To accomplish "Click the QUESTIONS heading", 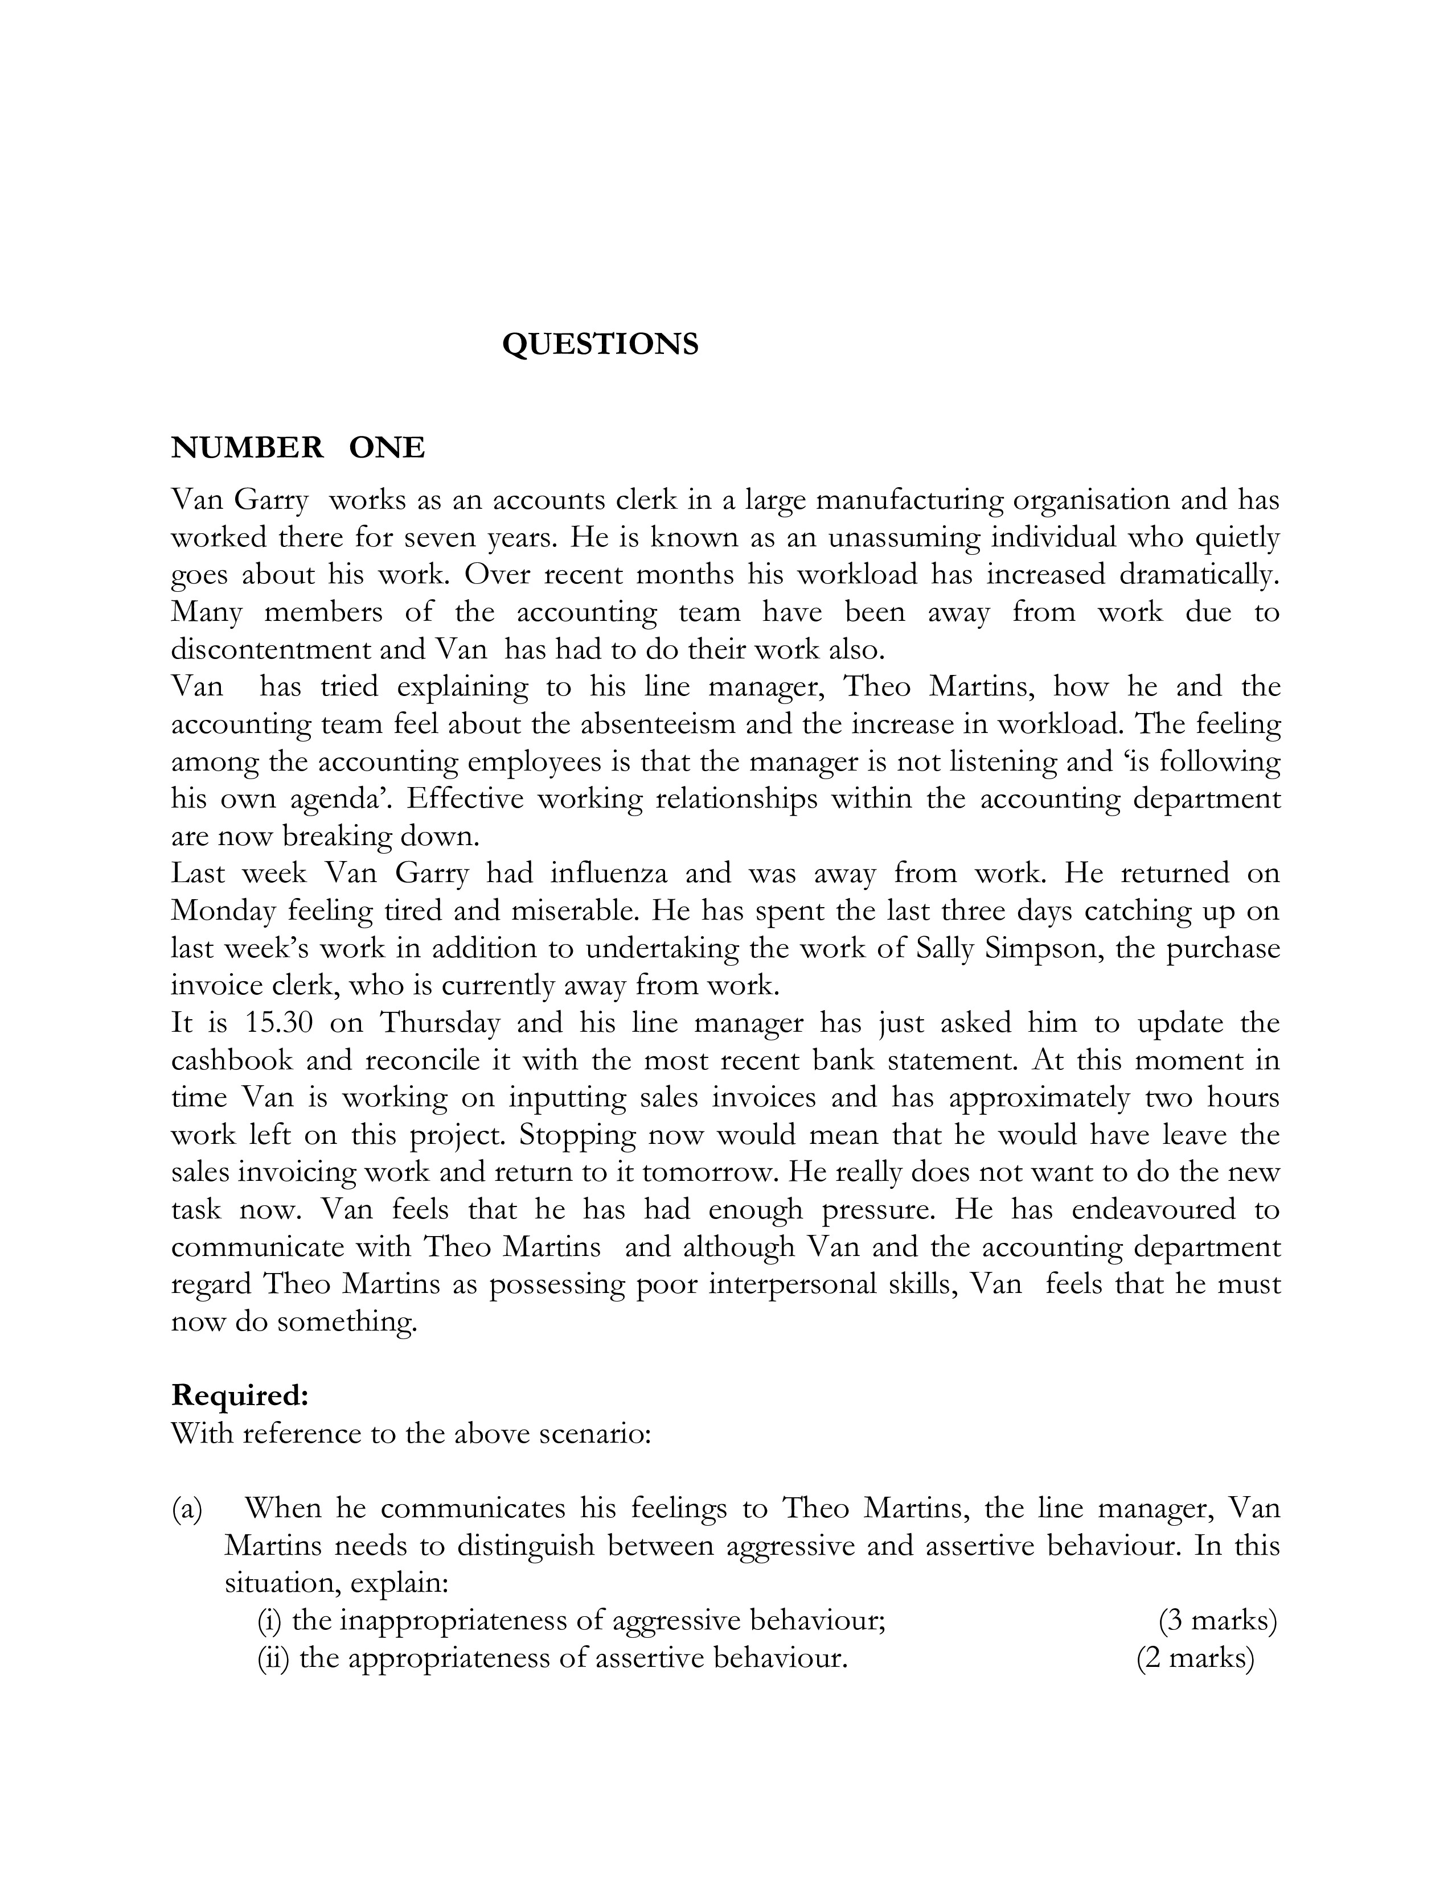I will tap(600, 344).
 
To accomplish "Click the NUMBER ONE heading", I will tap(298, 447).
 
